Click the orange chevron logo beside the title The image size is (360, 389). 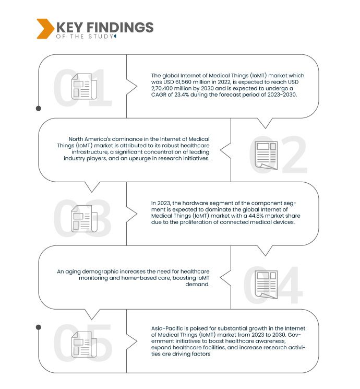point(44,29)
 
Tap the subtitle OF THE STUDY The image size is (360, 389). point(83,37)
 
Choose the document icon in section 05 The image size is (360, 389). point(82,345)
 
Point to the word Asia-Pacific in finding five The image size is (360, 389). point(162,328)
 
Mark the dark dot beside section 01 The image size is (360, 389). point(38,109)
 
